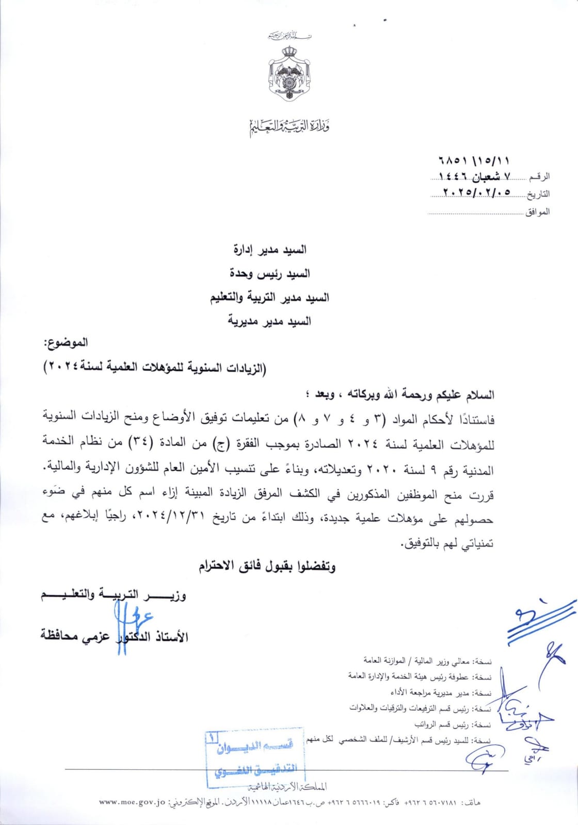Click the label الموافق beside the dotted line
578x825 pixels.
coord(537,212)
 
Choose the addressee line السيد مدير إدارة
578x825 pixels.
coord(270,250)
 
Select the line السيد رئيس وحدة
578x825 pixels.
coord(270,273)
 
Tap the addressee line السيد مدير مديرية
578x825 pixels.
coord(269,321)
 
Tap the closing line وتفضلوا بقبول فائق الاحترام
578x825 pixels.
coord(267,566)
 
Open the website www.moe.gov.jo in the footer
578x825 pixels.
coord(131,802)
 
